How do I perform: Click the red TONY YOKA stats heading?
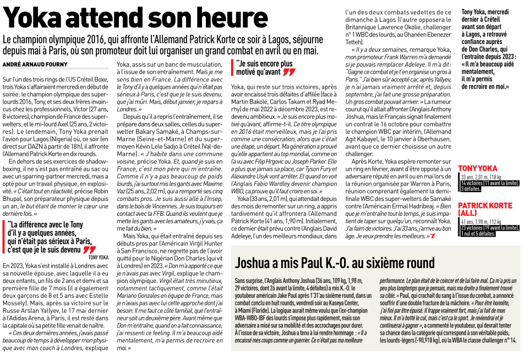tap(477, 168)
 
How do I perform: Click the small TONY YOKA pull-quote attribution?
tap(98, 257)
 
